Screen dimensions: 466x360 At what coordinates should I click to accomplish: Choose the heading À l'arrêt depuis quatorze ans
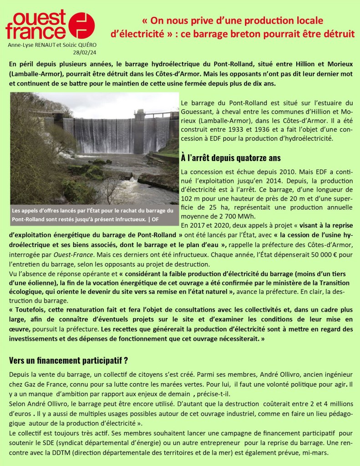tap(230, 158)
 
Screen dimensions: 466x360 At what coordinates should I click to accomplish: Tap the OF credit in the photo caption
tap(155, 219)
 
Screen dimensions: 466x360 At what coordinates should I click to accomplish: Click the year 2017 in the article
tap(198, 224)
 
